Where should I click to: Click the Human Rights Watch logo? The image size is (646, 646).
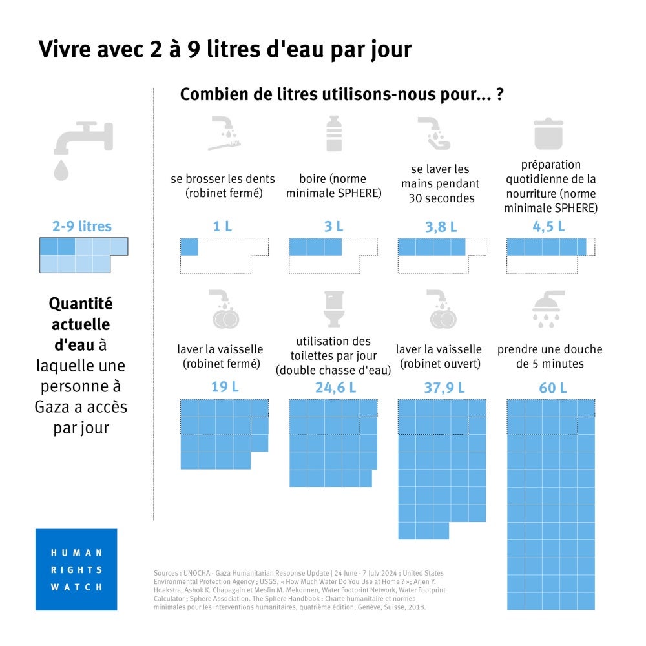pyautogui.click(x=76, y=569)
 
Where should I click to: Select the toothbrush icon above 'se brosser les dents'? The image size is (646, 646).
pyautogui.click(x=224, y=134)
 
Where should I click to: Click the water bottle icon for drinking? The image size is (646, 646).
pyautogui.click(x=334, y=134)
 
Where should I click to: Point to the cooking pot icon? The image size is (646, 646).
pyautogui.click(x=549, y=134)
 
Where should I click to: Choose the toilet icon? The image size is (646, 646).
pyautogui.click(x=334, y=308)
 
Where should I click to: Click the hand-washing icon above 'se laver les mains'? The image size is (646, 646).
pyautogui.click(x=433, y=134)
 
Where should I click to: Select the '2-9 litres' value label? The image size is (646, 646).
pyautogui.click(x=82, y=227)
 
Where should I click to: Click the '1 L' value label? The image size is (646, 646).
pyautogui.click(x=223, y=227)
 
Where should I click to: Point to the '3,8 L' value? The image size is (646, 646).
pyautogui.click(x=441, y=227)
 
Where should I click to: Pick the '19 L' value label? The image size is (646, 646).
pyautogui.click(x=223, y=388)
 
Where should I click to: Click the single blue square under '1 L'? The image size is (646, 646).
pyautogui.click(x=189, y=247)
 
